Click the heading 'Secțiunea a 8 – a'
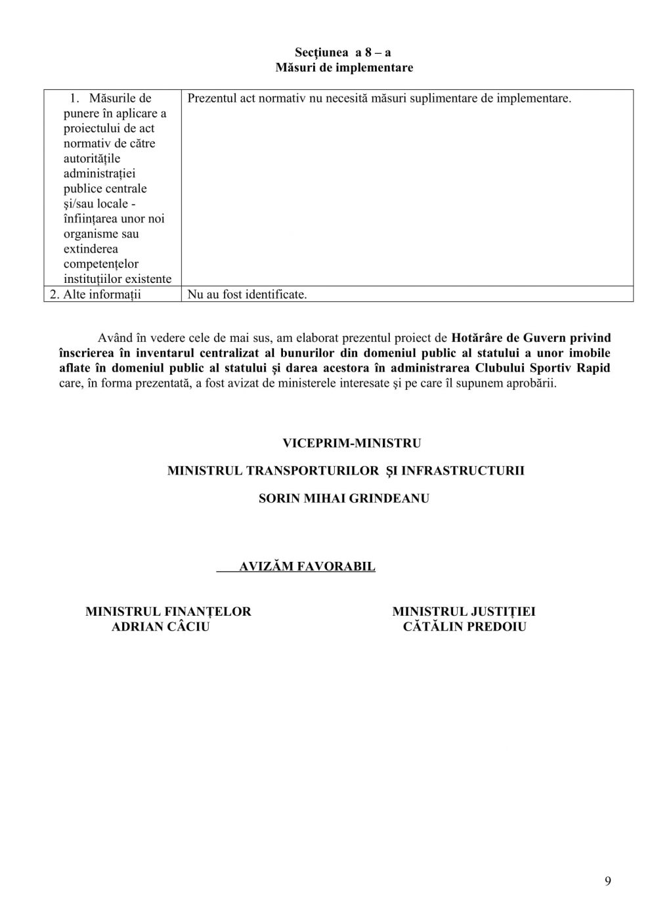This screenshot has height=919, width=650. coord(343,53)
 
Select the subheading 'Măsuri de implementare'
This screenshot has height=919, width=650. coord(344,68)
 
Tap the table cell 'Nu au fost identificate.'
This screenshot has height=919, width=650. coord(248,295)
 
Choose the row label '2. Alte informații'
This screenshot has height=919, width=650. coord(96,295)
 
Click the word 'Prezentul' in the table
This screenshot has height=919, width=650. coord(212,98)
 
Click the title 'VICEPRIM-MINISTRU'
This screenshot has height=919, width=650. coord(352,443)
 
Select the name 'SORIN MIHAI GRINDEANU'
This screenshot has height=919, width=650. coord(344,498)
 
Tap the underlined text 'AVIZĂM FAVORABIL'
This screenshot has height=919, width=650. coord(307,566)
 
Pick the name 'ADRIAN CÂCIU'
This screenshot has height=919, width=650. coord(161,627)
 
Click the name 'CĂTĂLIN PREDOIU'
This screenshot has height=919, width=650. coord(465,627)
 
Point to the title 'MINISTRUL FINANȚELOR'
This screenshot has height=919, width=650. coord(168,612)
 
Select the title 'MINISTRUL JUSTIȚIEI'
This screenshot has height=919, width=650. coord(464,612)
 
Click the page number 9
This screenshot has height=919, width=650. coord(607,881)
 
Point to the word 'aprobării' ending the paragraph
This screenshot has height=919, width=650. coord(532,383)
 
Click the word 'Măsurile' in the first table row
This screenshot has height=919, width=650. coord(120,98)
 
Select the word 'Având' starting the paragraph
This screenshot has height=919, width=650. coord(114,339)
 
